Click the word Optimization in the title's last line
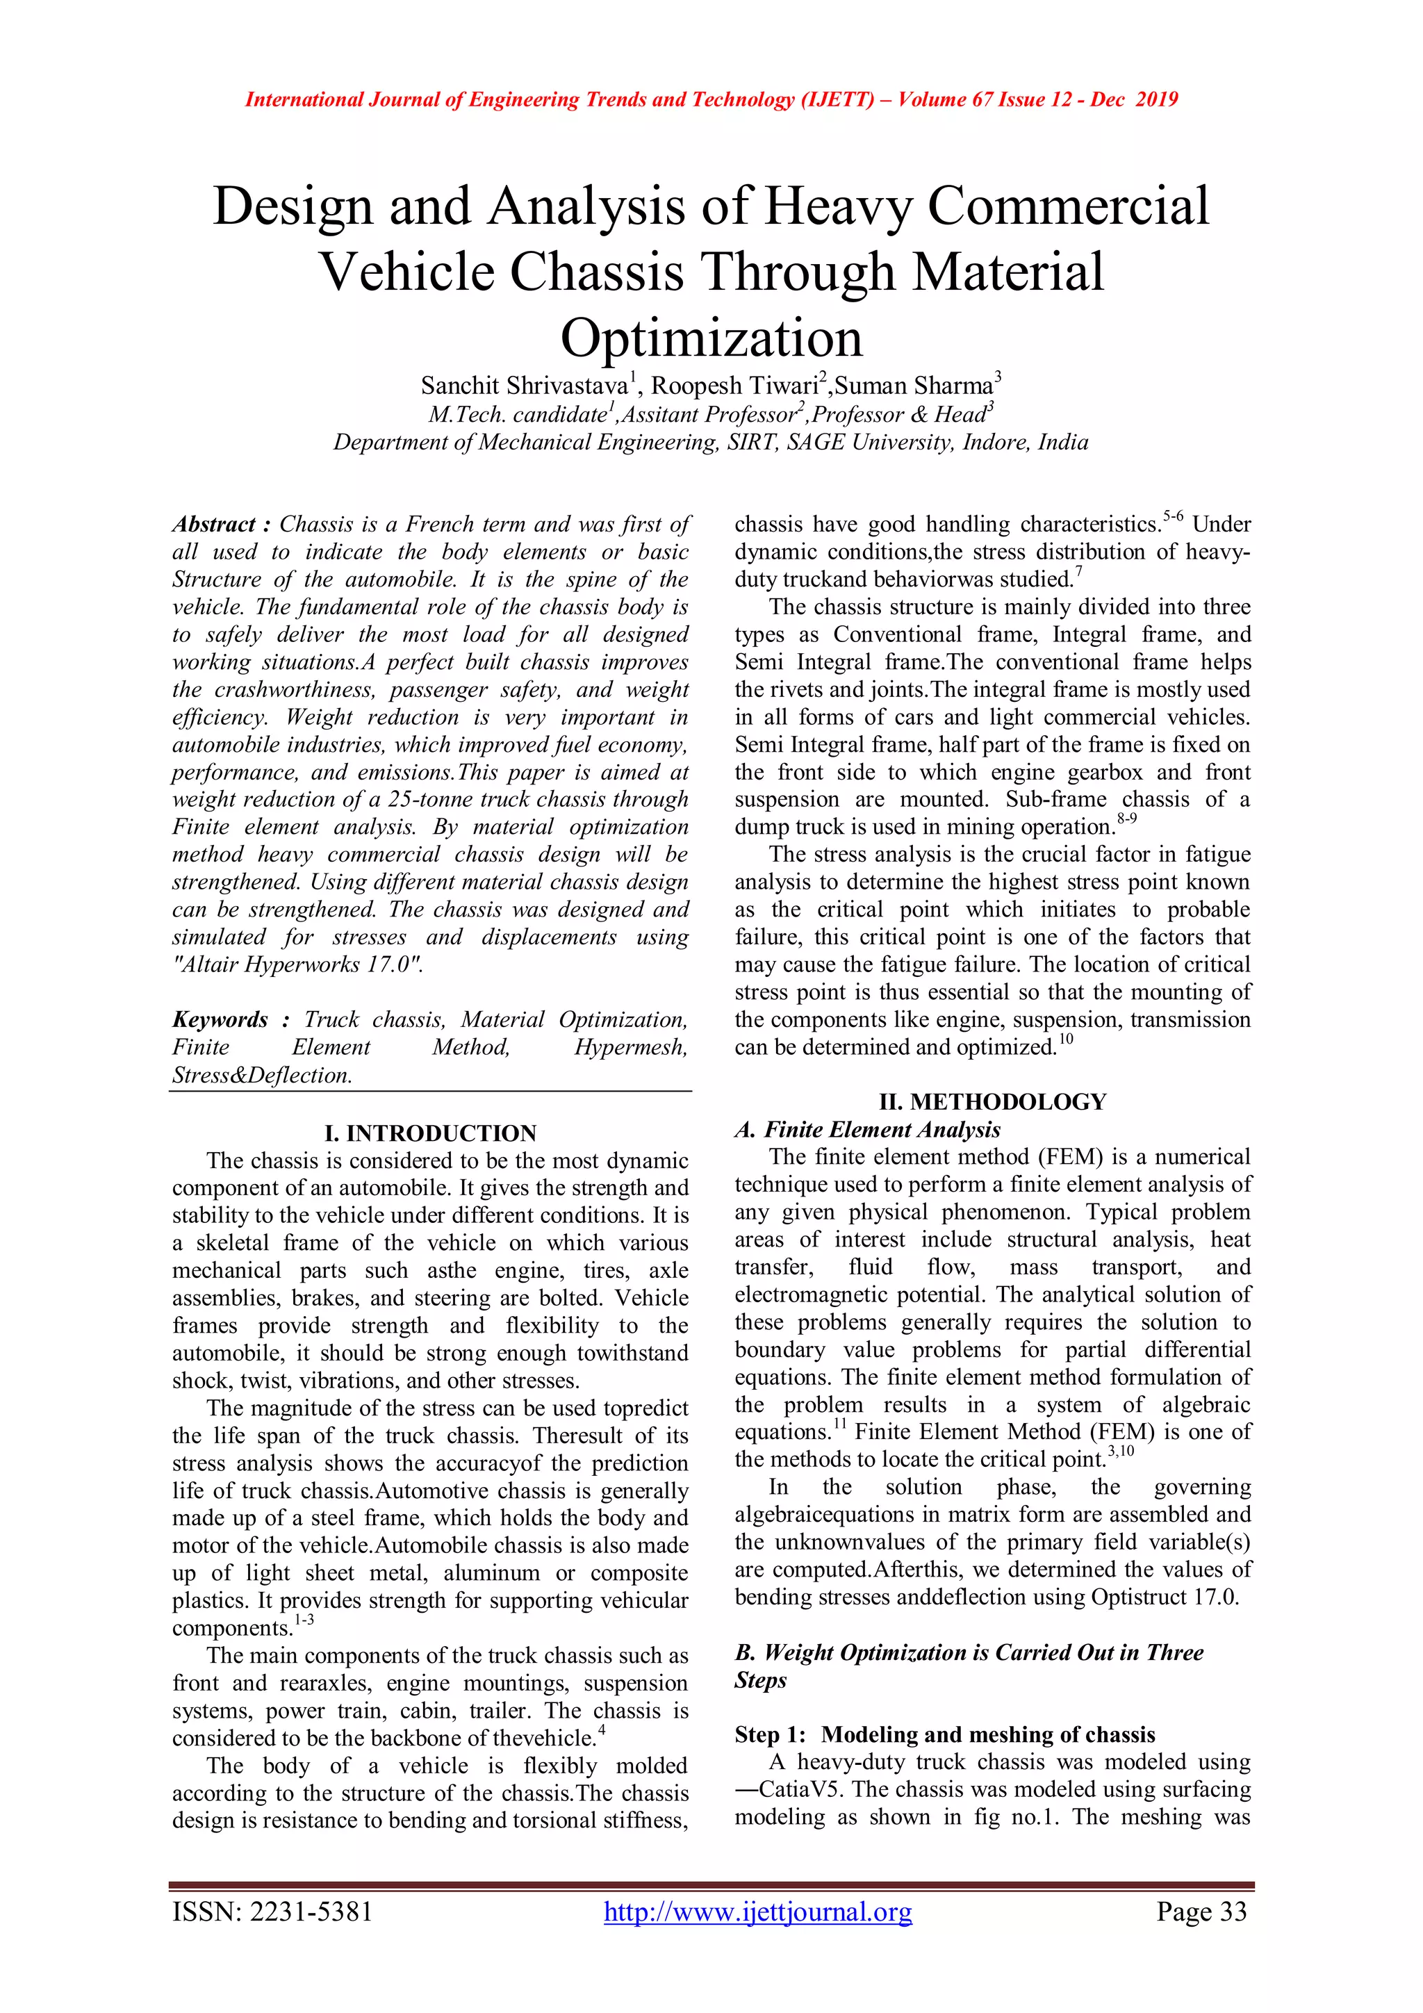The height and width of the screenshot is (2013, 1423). [711, 338]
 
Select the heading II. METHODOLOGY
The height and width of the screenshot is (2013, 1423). [992, 1101]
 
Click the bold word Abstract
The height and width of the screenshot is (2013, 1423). [213, 525]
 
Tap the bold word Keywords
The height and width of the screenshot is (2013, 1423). [220, 1019]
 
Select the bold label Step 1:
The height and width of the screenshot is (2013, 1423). [770, 1734]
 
